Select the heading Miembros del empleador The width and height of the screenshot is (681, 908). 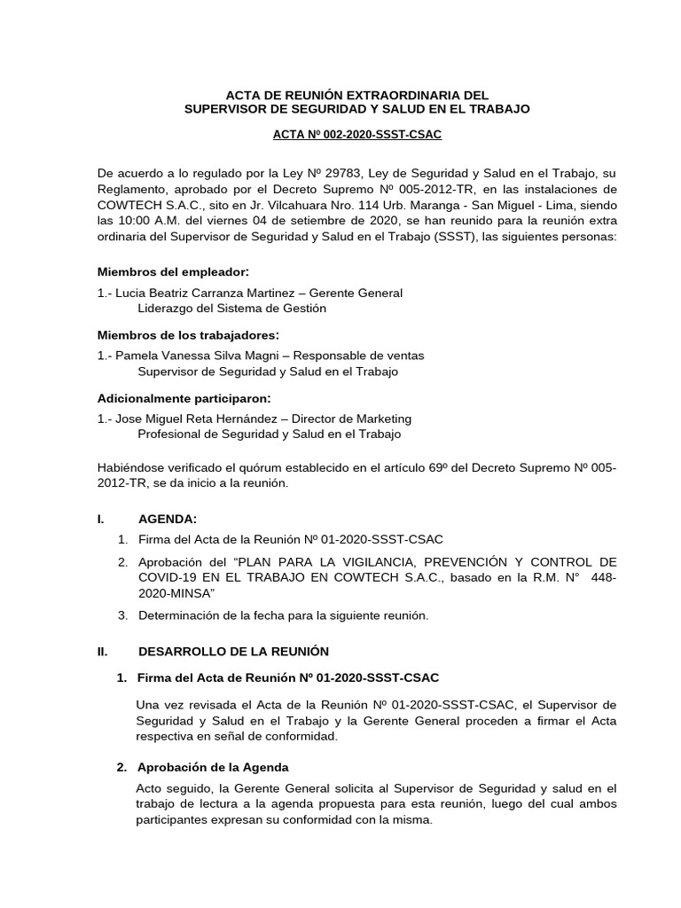click(173, 271)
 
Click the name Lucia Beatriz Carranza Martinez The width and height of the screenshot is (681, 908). click(198, 293)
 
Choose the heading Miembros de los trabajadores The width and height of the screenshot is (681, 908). click(187, 334)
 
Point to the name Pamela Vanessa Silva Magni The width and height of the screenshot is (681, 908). click(191, 356)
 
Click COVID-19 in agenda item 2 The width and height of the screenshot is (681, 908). click(168, 578)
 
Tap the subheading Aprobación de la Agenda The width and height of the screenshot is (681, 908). click(213, 766)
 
